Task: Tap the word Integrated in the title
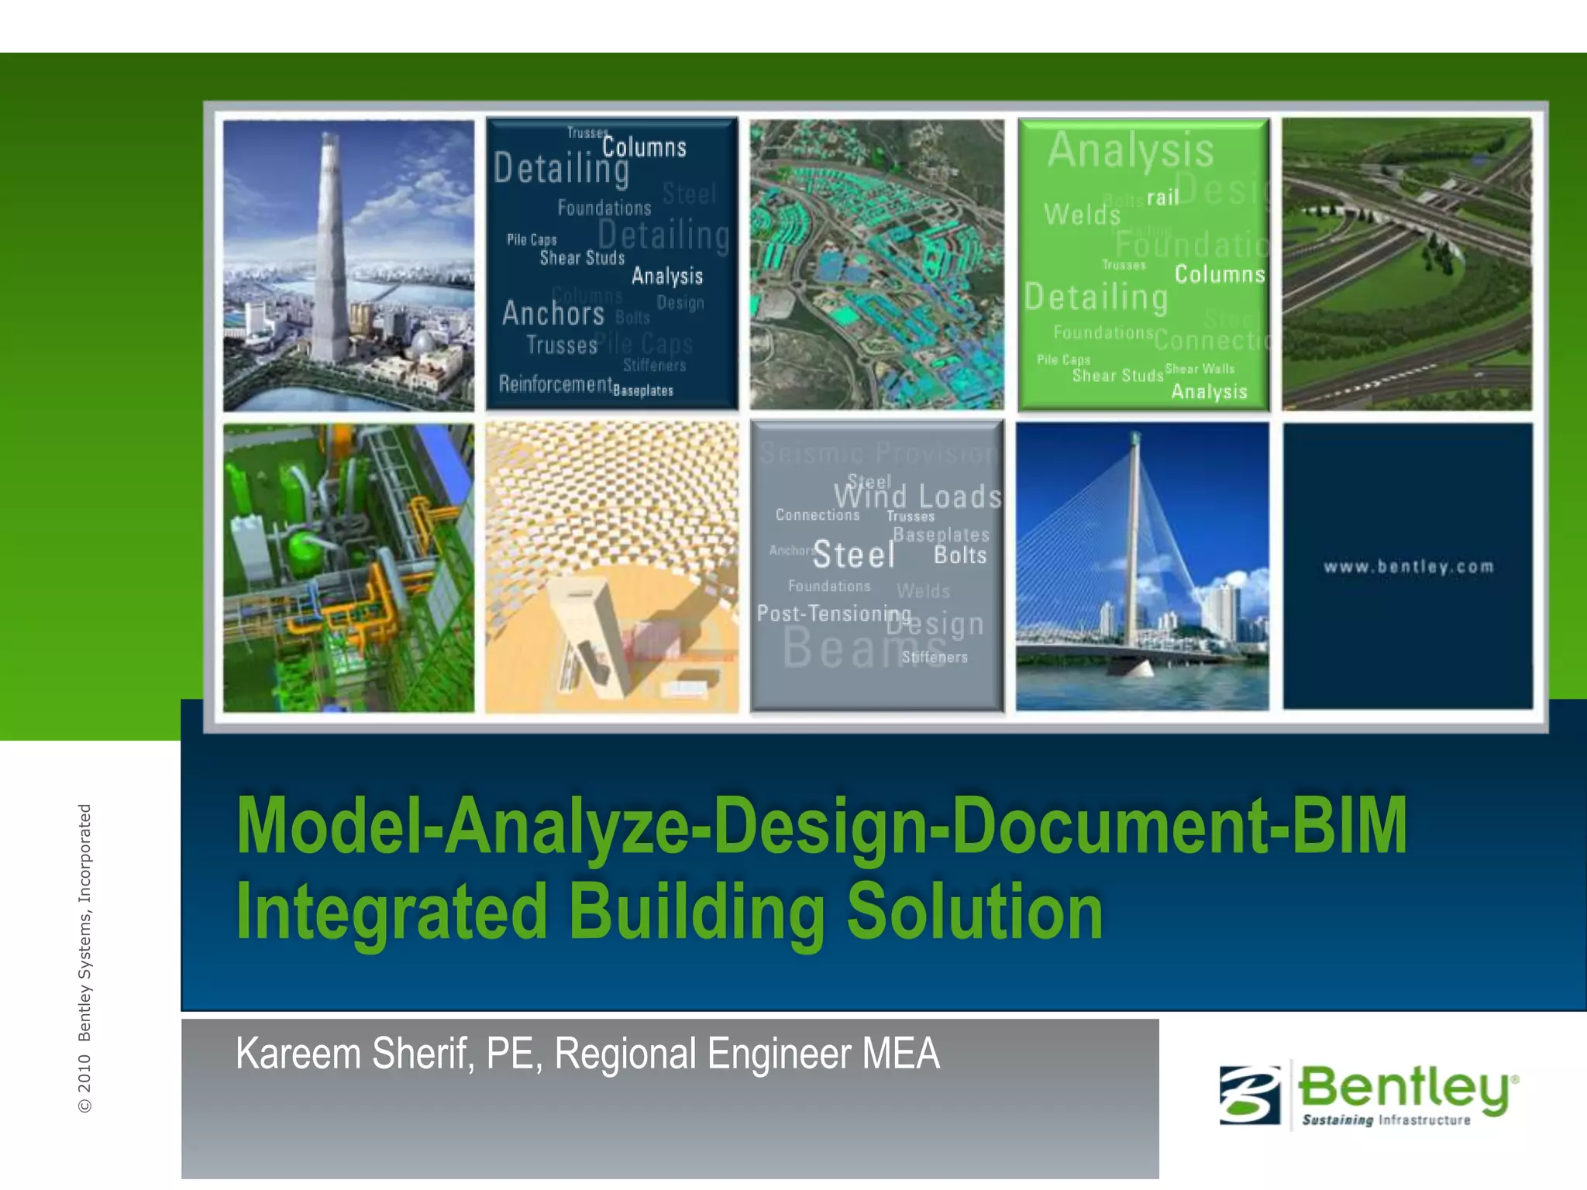pyautogui.click(x=392, y=913)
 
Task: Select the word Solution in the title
pyautogui.click(x=974, y=913)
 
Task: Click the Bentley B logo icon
pyautogui.click(x=1249, y=1095)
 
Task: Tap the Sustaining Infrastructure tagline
pyautogui.click(x=1386, y=1120)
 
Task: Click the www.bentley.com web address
pyautogui.click(x=1408, y=567)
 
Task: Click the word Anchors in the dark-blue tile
pyautogui.click(x=553, y=314)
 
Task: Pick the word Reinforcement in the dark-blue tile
pyautogui.click(x=555, y=384)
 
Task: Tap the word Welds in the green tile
pyautogui.click(x=1082, y=215)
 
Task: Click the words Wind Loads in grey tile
pyautogui.click(x=917, y=497)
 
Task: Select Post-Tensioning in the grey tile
pyautogui.click(x=833, y=614)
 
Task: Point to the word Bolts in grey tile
pyautogui.click(x=960, y=555)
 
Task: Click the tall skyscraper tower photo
pyautogui.click(x=332, y=256)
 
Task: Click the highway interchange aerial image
pyautogui.click(x=1406, y=263)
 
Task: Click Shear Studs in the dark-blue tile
pyautogui.click(x=582, y=258)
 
